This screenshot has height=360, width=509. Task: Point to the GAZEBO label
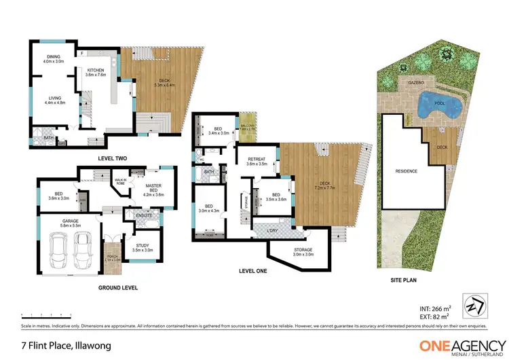coord(415,82)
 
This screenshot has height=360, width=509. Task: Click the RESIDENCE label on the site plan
coord(406,171)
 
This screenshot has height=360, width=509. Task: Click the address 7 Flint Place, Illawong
coord(62,346)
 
